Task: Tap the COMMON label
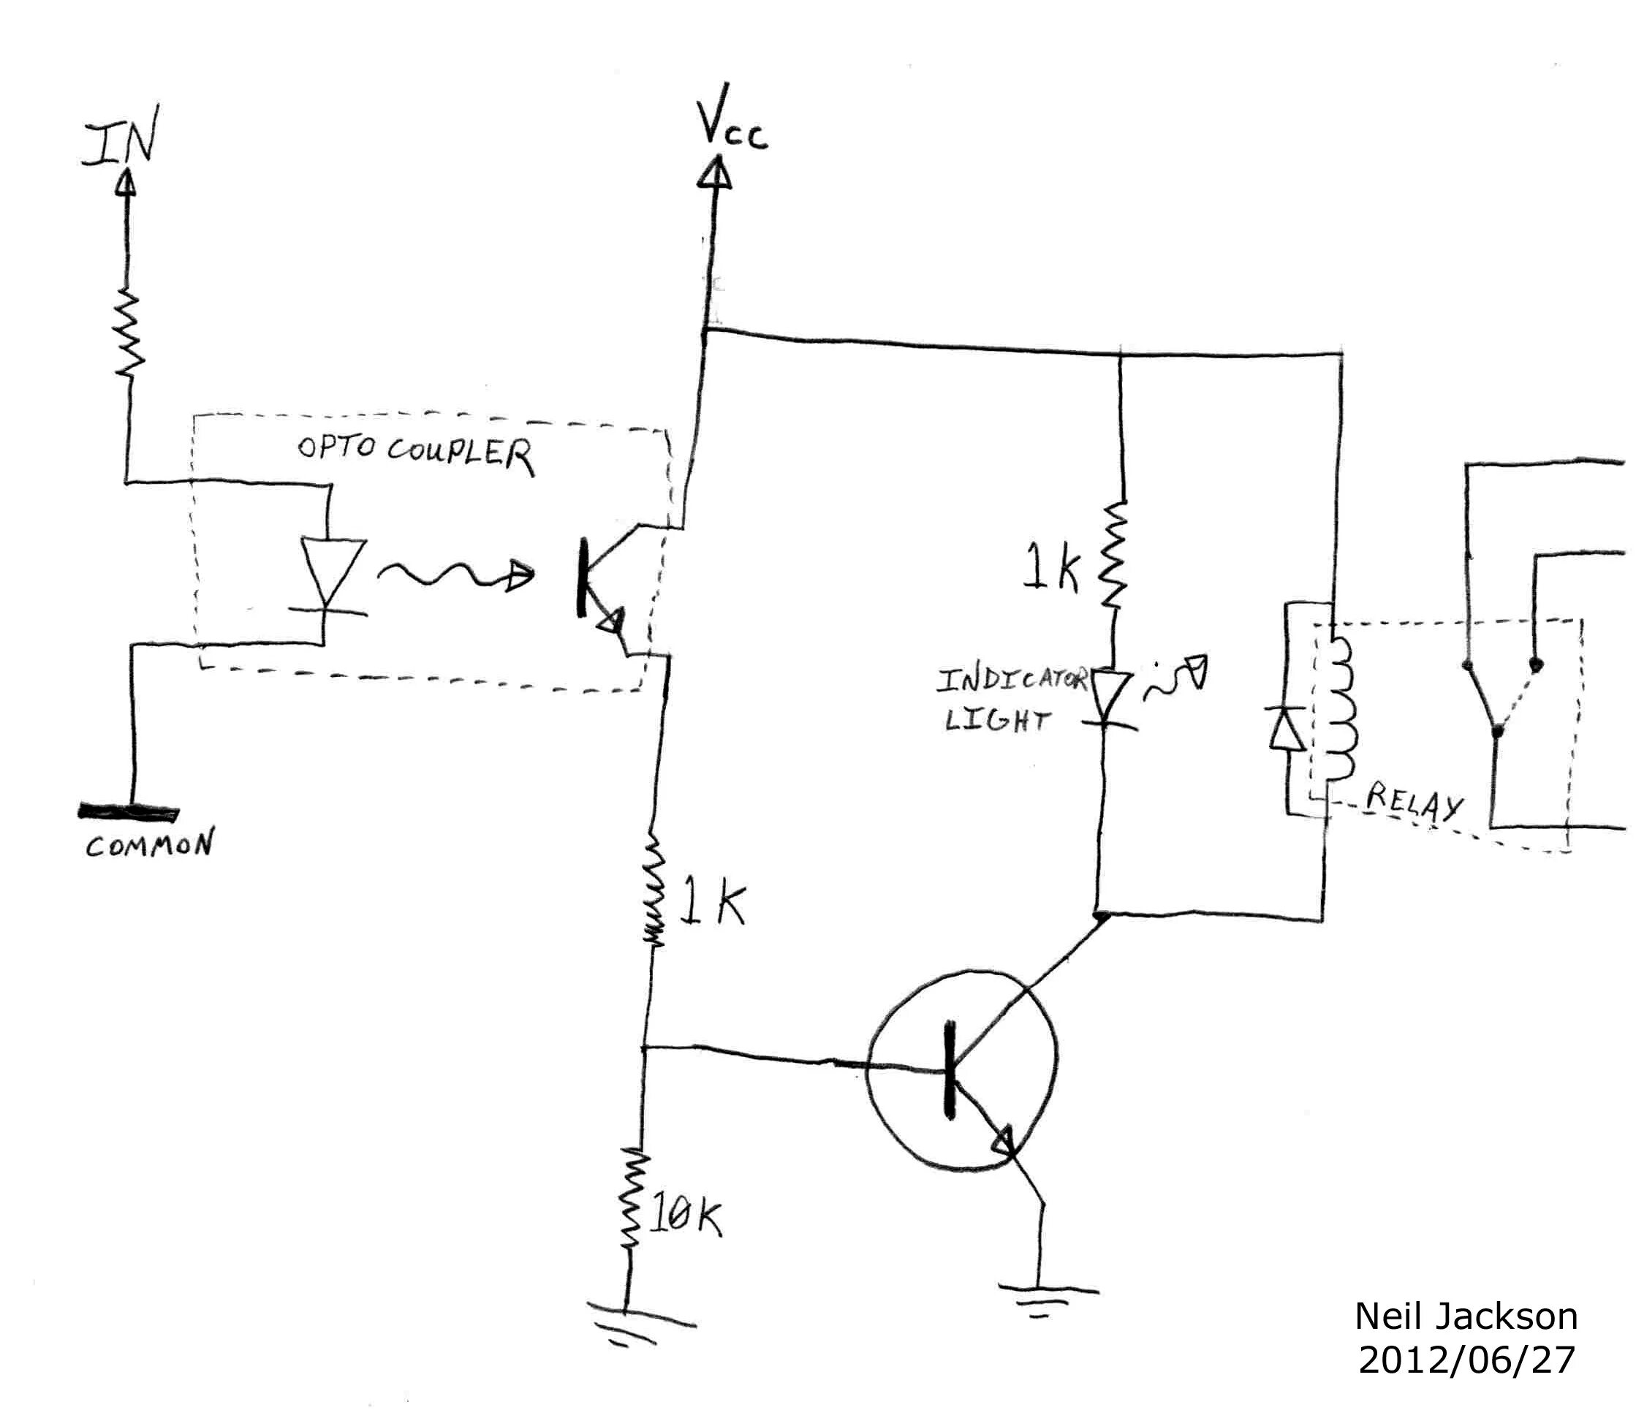(149, 846)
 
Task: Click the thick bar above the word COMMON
(129, 811)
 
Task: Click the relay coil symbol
(1339, 710)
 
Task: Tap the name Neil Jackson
(1466, 1316)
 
